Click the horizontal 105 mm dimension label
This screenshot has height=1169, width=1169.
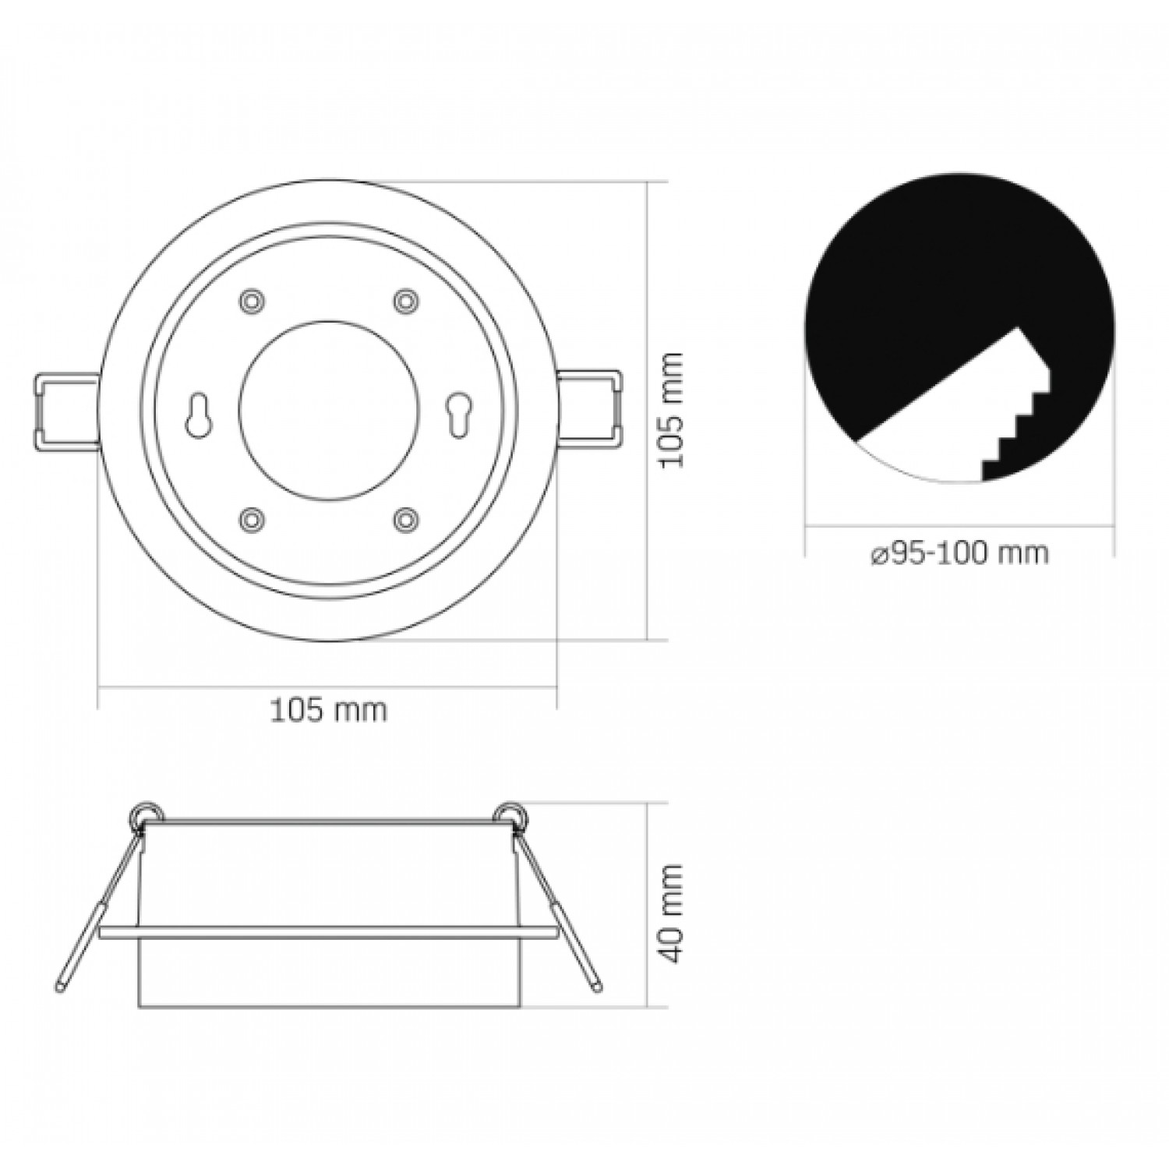point(328,710)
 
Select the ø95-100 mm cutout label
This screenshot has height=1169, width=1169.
point(959,553)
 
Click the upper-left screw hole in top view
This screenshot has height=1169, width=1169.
point(250,300)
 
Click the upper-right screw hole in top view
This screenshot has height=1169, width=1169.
point(404,300)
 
